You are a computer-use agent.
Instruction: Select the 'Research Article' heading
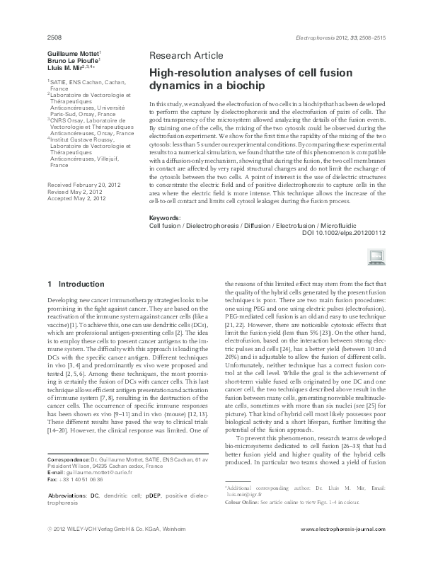point(186,55)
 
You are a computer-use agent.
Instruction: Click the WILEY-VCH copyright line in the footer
point(113,549)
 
